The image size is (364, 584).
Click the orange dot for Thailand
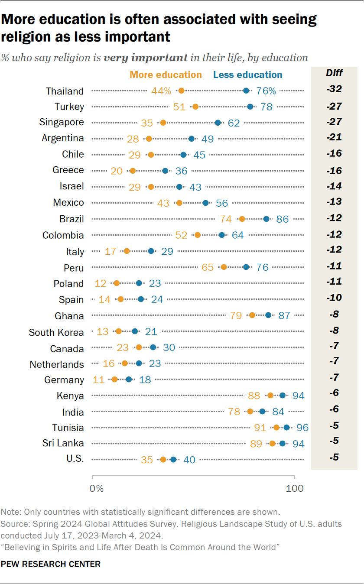click(181, 91)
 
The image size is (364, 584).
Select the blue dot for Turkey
click(250, 107)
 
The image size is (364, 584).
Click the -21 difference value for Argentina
click(334, 137)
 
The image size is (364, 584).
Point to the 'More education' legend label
click(166, 75)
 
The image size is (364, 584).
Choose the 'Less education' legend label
click(247, 75)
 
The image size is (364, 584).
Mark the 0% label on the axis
click(97, 488)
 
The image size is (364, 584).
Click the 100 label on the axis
click(294, 488)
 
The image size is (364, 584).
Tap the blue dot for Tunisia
click(286, 428)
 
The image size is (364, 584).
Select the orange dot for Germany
click(114, 380)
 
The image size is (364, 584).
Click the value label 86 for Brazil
click(282, 219)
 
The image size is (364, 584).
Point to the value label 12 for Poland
click(101, 284)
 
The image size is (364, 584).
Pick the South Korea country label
click(56, 332)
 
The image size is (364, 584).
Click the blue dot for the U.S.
click(173, 460)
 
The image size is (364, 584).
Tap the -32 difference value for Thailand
click(334, 89)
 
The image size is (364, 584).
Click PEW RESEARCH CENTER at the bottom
click(51, 564)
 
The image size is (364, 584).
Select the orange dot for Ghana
click(252, 315)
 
